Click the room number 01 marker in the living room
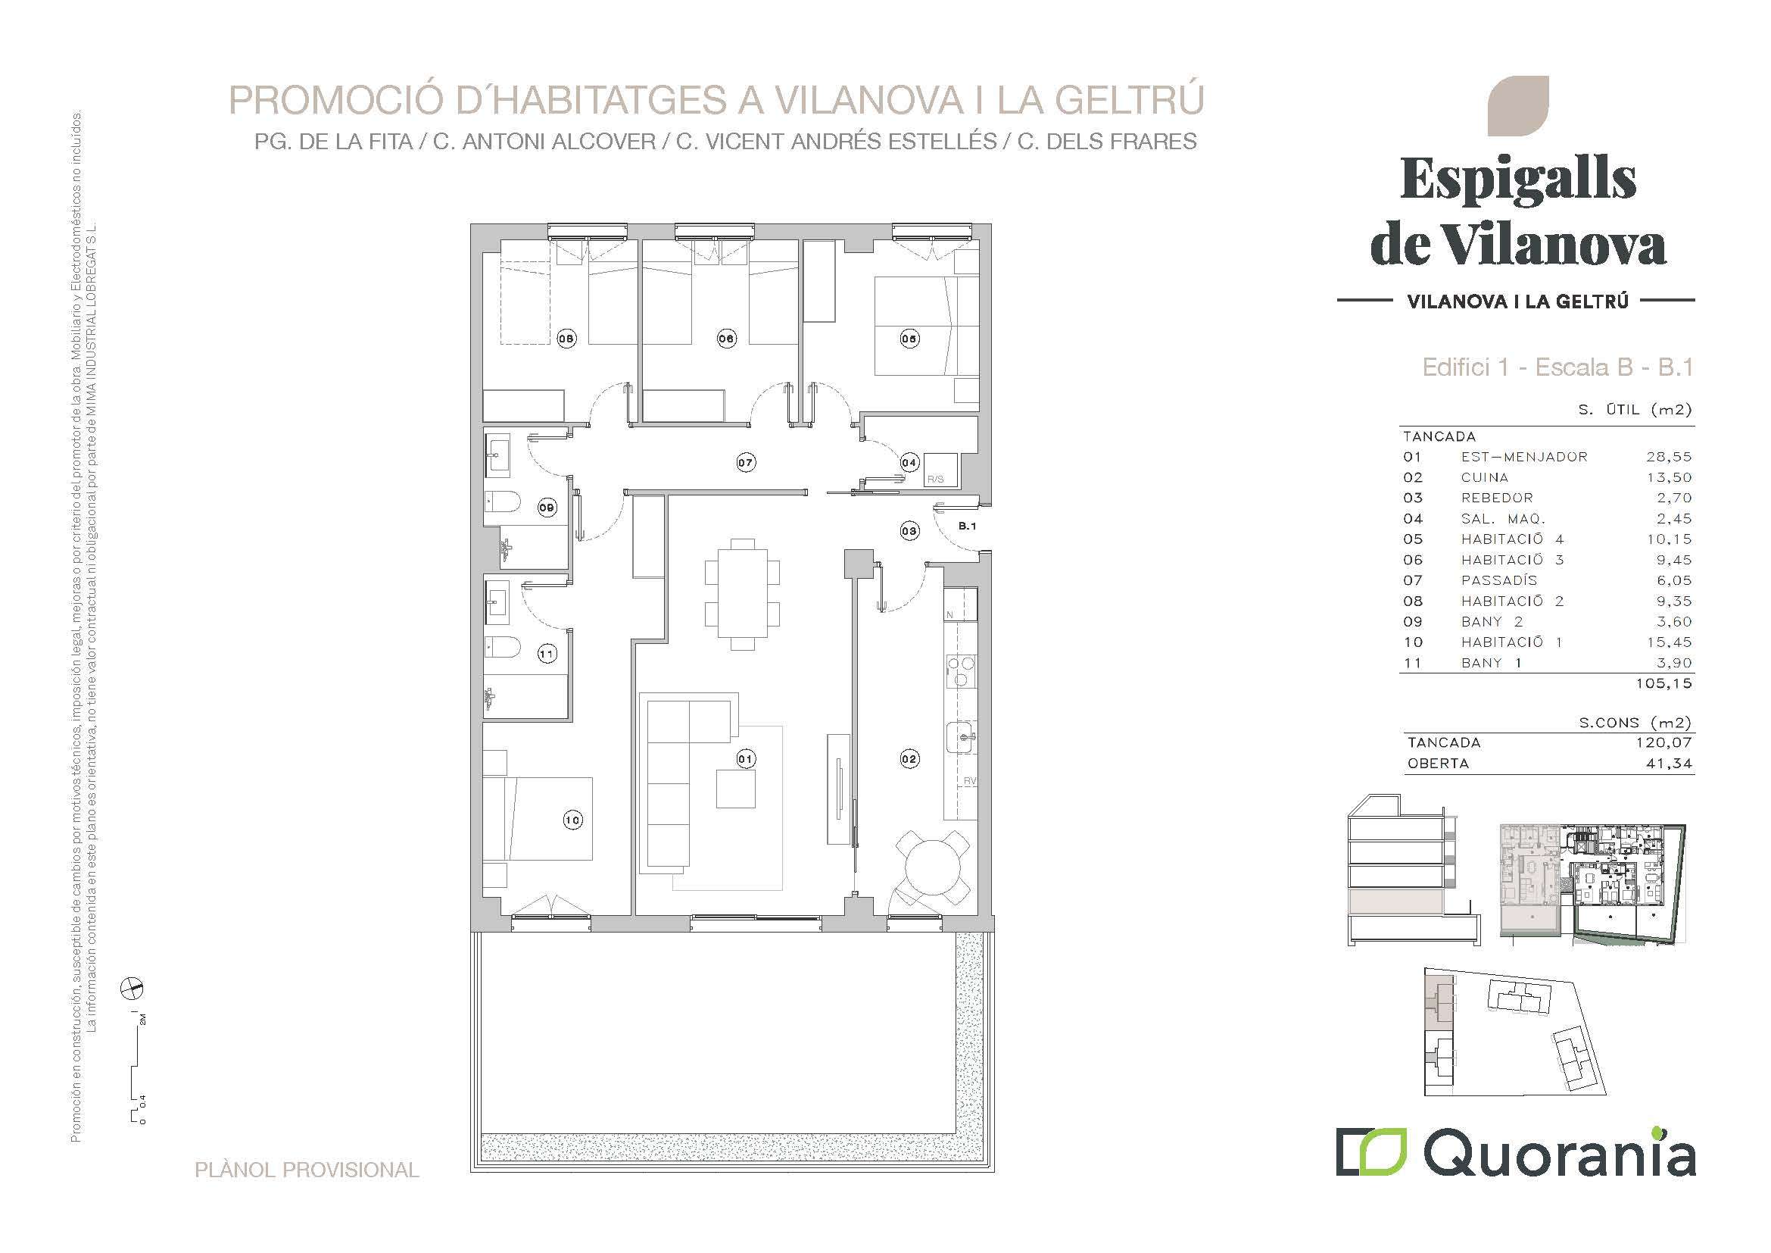tap(745, 759)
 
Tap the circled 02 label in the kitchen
tap(909, 759)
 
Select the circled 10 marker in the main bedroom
tap(572, 820)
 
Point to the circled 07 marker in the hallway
tap(745, 463)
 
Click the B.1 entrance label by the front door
tap(967, 527)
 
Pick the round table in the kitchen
tap(933, 868)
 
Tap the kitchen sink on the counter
tap(961, 738)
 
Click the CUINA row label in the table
tap(1485, 477)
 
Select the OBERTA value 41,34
tap(1670, 764)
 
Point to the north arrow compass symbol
tap(133, 988)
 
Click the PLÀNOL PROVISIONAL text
tap(307, 1170)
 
